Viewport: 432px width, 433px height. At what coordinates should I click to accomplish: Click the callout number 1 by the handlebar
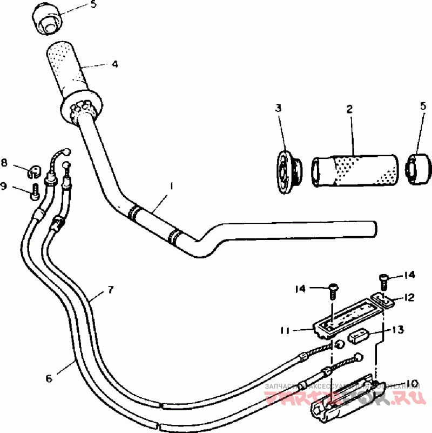171,186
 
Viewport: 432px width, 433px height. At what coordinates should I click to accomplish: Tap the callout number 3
278,109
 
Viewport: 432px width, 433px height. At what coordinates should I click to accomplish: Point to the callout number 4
114,64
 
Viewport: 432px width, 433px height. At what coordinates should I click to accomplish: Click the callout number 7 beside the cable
110,290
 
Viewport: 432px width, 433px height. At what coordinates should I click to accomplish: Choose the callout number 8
4,162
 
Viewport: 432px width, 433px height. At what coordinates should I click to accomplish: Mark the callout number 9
4,186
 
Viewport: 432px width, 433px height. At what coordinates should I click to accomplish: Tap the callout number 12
408,297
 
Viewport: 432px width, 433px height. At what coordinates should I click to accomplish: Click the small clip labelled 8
33,171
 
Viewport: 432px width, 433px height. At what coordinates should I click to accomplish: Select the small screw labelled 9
34,190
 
